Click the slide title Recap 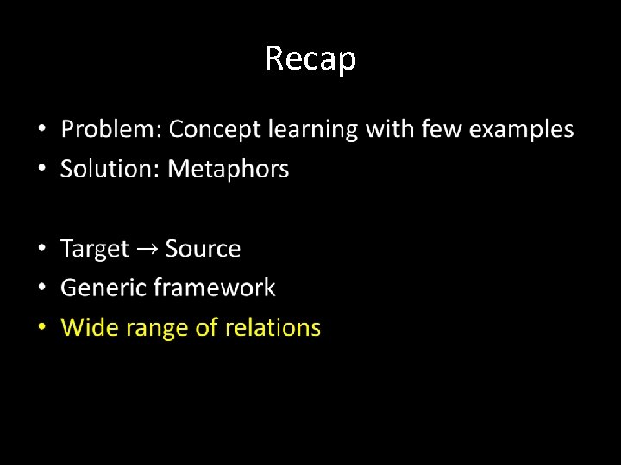(x=310, y=59)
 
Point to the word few (x=392, y=129)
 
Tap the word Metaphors (x=228, y=169)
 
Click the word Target (x=94, y=249)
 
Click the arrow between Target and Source (x=147, y=250)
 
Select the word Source (x=203, y=249)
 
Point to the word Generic (x=103, y=288)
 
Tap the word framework (x=215, y=288)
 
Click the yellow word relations (x=273, y=327)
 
